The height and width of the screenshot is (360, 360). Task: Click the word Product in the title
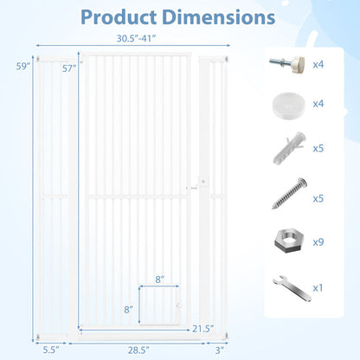pyautogui.click(x=119, y=17)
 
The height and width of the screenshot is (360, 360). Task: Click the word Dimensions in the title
pyautogui.click(x=219, y=17)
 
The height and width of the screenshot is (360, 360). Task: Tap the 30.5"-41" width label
pyautogui.click(x=136, y=38)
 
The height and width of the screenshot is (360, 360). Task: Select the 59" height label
pyautogui.click(x=23, y=66)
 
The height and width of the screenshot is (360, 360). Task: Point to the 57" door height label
pyautogui.click(x=69, y=68)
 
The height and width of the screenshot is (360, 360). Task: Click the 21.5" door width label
pyautogui.click(x=203, y=329)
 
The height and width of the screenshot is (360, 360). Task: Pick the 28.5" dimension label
pyautogui.click(x=138, y=350)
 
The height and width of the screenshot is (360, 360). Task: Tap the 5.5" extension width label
pyautogui.click(x=51, y=350)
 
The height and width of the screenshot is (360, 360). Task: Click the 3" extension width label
pyautogui.click(x=220, y=350)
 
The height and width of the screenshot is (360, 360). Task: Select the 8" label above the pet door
pyautogui.click(x=160, y=280)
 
